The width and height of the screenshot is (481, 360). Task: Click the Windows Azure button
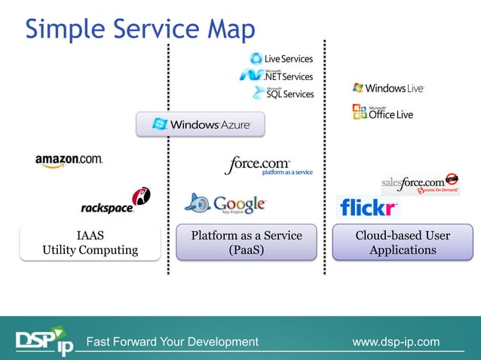pyautogui.click(x=201, y=124)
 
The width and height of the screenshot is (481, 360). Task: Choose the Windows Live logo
pyautogui.click(x=388, y=88)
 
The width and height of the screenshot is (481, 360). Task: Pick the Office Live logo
pyautogui.click(x=382, y=113)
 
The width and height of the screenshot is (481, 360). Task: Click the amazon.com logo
pyautogui.click(x=69, y=160)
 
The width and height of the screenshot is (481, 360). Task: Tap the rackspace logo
pyautogui.click(x=115, y=202)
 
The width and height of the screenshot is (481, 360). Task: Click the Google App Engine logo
pyautogui.click(x=225, y=203)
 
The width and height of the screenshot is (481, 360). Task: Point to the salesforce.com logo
pyautogui.click(x=419, y=183)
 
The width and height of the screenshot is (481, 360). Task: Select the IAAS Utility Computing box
pyautogui.click(x=90, y=243)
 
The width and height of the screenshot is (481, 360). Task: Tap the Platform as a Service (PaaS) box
pyautogui.click(x=246, y=243)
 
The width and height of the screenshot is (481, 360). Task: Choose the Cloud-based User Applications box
pyautogui.click(x=403, y=243)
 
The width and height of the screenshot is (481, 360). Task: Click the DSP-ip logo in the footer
pyautogui.click(x=45, y=342)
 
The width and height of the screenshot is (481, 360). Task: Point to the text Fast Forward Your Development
pyautogui.click(x=173, y=342)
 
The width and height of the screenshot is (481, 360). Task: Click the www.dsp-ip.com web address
pyautogui.click(x=396, y=342)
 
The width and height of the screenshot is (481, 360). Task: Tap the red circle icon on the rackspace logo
pyautogui.click(x=141, y=196)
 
